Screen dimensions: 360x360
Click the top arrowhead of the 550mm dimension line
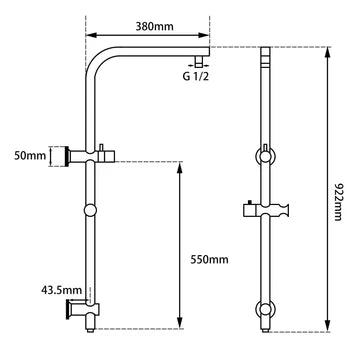(179, 159)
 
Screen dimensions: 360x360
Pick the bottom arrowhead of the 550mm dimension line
(179, 331)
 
